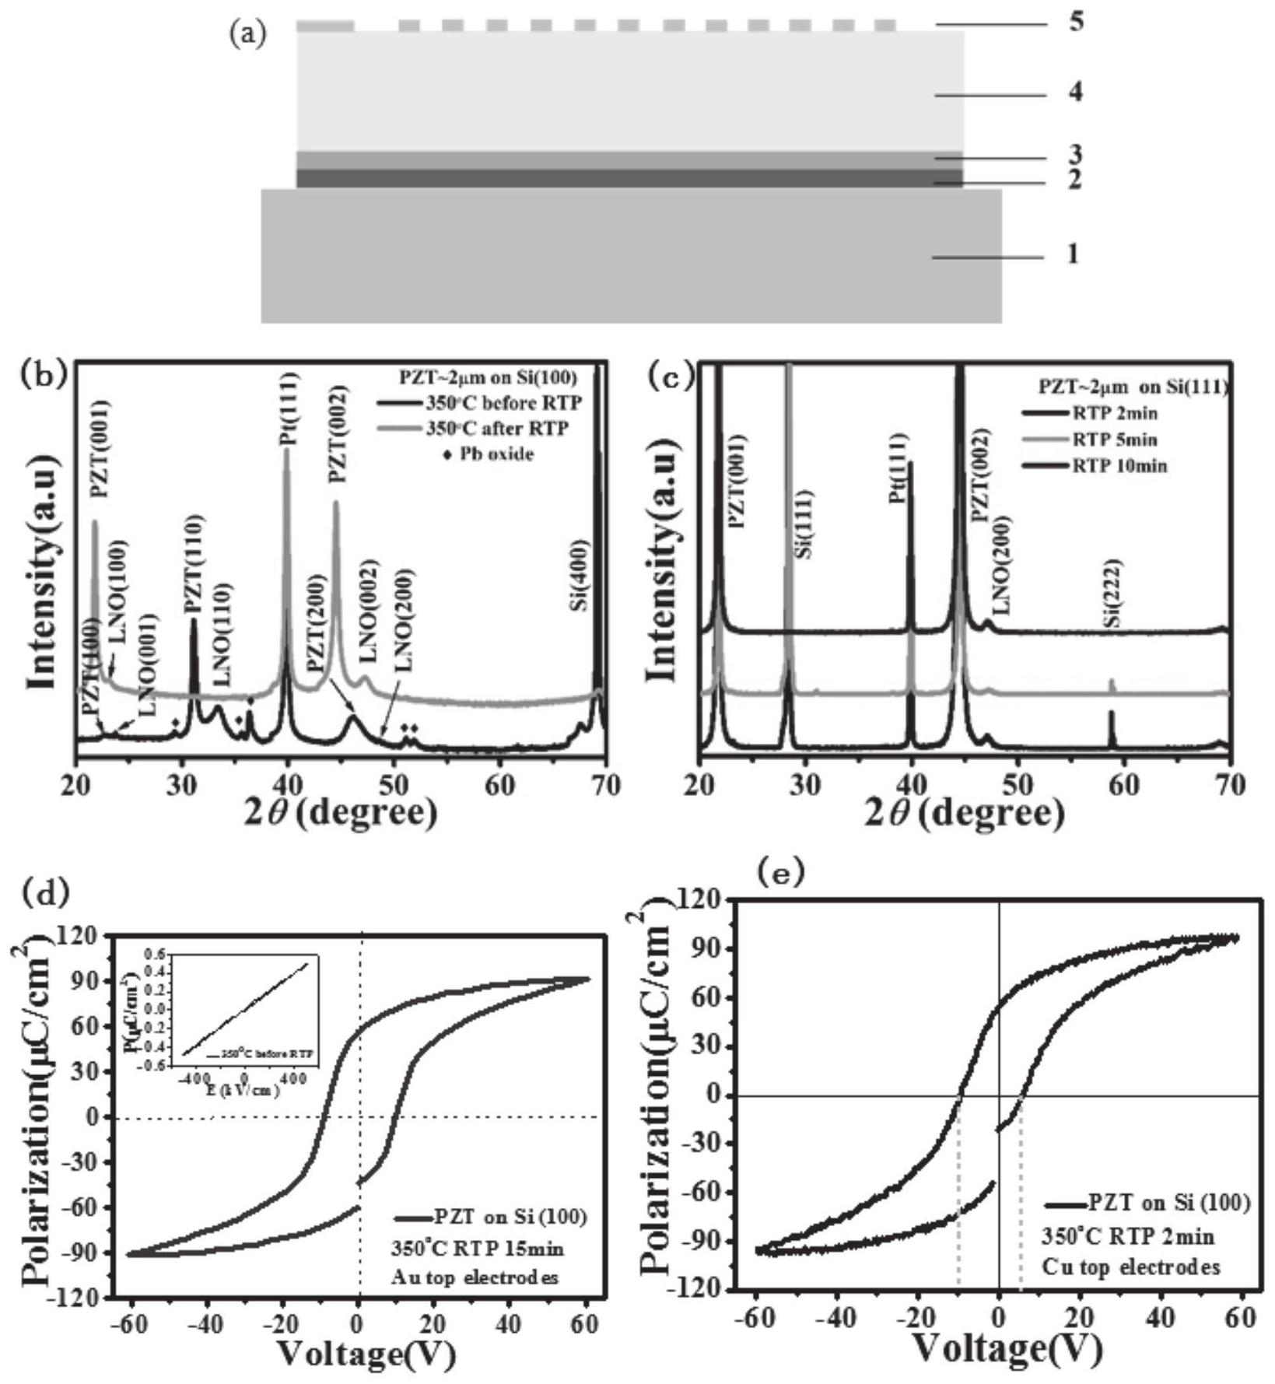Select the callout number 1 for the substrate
pos(1074,254)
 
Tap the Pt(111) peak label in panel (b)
pos(289,412)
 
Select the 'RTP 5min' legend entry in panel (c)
pos(1114,440)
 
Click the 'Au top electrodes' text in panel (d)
pos(475,1277)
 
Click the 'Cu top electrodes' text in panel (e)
pos(1131,1267)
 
